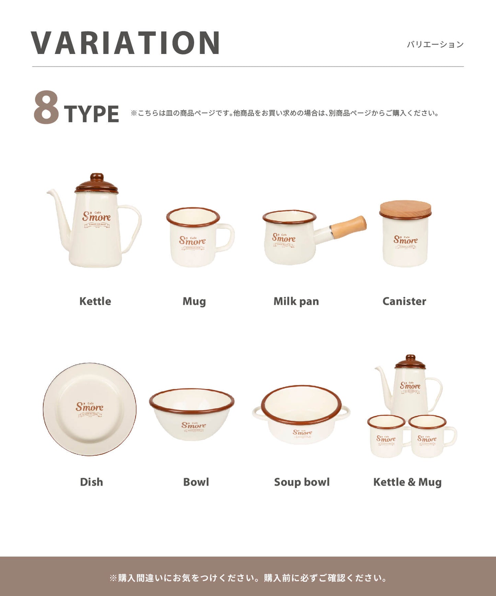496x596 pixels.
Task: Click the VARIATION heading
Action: pos(126,43)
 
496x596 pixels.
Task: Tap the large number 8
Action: pos(46,107)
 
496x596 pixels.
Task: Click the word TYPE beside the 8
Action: pos(91,114)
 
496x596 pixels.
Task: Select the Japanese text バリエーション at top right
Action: pos(435,45)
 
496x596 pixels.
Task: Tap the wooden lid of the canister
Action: pos(405,209)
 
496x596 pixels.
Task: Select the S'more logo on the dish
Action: pos(90,407)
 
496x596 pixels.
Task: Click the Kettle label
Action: pos(95,301)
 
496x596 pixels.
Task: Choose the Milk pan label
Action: pos(296,301)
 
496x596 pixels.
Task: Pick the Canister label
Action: pos(404,301)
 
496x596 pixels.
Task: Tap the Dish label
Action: pos(91,482)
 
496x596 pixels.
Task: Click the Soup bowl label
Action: pos(302,482)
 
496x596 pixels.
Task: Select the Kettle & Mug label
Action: pos(407,482)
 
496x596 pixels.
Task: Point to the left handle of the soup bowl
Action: pos(257,412)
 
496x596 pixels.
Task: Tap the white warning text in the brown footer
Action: pos(248,578)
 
